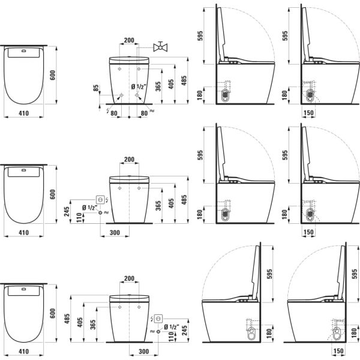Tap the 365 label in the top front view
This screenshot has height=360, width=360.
[x=157, y=86]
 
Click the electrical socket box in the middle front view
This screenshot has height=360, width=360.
[x=101, y=199]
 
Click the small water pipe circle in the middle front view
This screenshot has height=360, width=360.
[x=101, y=212]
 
